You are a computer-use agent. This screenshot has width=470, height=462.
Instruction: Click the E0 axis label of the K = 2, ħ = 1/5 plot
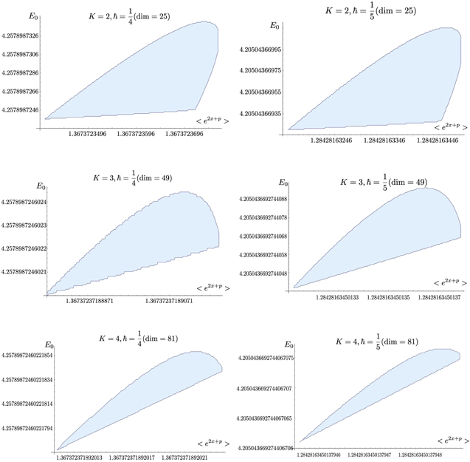pyautogui.click(x=274, y=25)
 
